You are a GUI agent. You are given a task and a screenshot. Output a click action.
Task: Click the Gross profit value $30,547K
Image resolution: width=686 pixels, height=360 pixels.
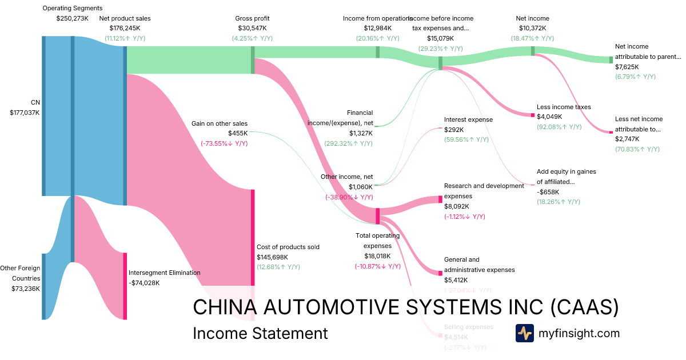252,28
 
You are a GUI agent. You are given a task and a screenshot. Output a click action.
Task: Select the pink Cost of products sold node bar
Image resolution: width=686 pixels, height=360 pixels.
253,237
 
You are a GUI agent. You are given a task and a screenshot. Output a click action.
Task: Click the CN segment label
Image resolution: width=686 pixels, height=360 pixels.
35,102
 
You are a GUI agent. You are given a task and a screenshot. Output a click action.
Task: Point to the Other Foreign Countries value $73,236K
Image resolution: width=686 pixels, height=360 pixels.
26,289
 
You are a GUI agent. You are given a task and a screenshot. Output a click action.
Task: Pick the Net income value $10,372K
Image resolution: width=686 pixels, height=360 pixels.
532,28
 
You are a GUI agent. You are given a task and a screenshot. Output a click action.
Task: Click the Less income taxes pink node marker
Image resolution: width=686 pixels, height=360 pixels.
532,115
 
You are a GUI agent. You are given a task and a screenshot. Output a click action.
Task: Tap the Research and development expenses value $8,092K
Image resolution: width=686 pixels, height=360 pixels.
456,206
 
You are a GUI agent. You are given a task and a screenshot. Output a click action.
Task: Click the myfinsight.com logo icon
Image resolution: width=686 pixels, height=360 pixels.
524,333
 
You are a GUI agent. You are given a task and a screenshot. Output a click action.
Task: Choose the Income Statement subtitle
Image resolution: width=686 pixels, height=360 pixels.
260,333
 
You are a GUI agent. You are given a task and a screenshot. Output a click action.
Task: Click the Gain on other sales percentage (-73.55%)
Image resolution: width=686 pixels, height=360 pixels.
224,143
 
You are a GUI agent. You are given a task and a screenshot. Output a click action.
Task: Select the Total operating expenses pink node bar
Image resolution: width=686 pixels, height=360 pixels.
377,216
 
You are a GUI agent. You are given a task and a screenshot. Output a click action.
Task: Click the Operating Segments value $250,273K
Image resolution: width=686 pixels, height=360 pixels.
73,18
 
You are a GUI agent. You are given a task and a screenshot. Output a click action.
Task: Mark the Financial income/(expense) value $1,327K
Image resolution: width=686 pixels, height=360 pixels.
361,133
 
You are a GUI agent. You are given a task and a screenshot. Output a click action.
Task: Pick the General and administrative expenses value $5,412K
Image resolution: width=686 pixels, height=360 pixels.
456,280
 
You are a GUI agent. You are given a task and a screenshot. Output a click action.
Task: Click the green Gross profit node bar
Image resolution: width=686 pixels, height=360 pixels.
253,60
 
